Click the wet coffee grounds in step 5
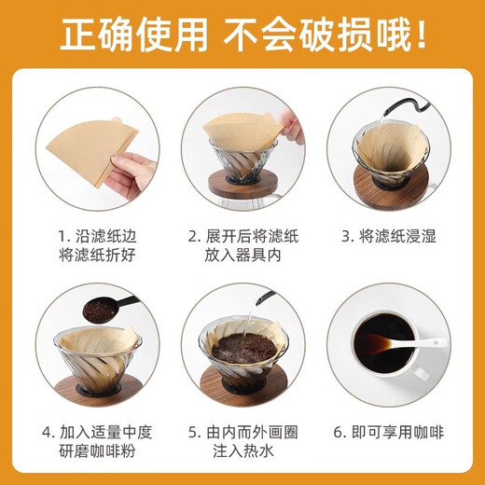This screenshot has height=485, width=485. tap(244, 349)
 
